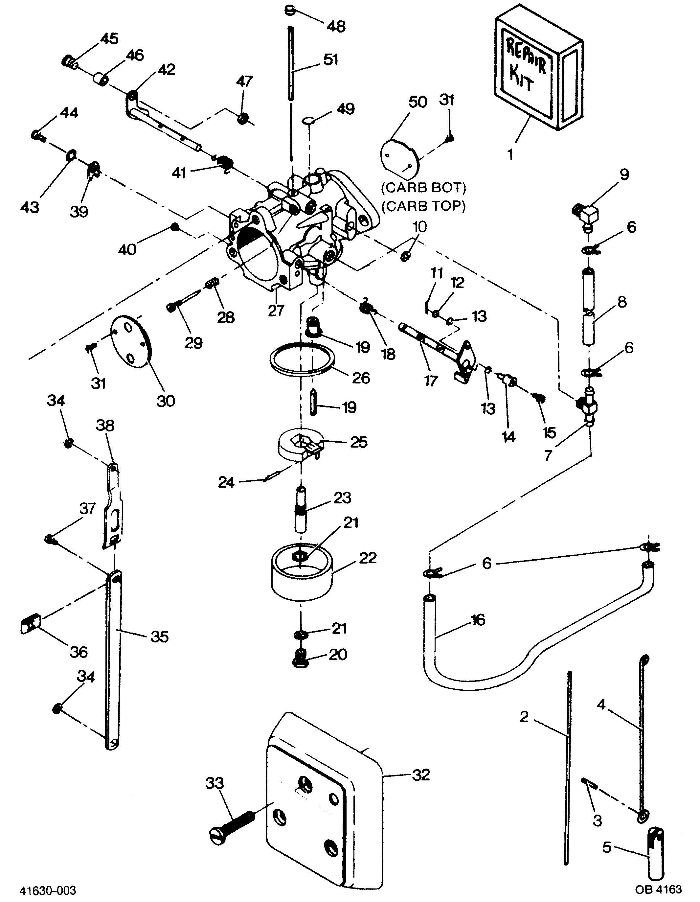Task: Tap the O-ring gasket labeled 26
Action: click(x=302, y=359)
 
